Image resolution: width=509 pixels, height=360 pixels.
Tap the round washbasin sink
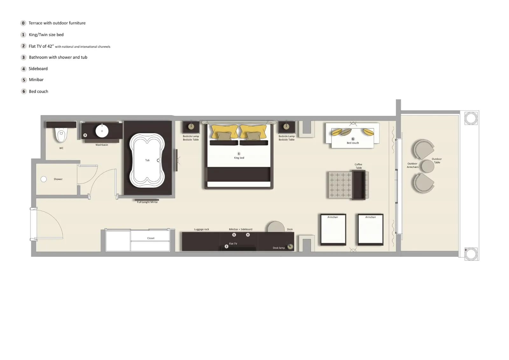tap(102, 131)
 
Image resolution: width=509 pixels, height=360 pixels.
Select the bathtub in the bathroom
tap(147, 160)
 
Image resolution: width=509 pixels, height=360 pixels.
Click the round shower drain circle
tap(44, 179)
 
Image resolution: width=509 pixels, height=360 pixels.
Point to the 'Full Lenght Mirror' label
tap(147, 202)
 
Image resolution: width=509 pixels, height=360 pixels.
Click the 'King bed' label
tap(239, 158)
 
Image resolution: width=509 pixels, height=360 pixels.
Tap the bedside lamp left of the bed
tap(191, 126)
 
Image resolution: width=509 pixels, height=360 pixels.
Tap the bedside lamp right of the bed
tap(286, 126)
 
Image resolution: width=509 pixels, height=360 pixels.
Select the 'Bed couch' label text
tap(352, 143)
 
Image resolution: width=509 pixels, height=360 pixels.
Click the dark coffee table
tap(359, 185)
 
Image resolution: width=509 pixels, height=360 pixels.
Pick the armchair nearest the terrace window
tap(370, 229)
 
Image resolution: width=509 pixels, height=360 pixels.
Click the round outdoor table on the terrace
tap(428, 166)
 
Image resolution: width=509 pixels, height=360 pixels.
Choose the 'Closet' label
tap(150, 238)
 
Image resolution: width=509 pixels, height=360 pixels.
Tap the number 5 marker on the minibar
tap(234, 235)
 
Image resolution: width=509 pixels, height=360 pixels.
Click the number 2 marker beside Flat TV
tap(227, 246)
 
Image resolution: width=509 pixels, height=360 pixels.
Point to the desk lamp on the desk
tap(290, 246)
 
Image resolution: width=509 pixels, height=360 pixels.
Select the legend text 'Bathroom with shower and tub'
tap(58, 57)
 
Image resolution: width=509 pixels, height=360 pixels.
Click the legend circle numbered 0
tap(23, 23)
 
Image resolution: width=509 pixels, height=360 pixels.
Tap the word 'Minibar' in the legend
tap(36, 80)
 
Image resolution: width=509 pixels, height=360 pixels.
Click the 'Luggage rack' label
tap(201, 229)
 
